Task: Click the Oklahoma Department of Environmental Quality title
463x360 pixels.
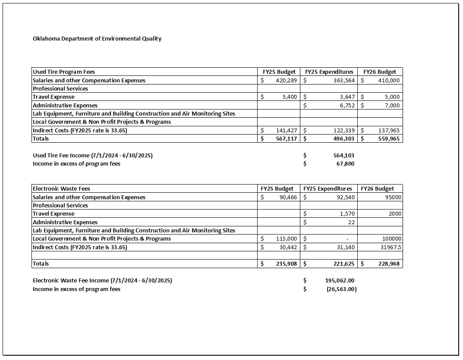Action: (97, 38)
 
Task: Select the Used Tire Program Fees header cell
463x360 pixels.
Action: (64, 72)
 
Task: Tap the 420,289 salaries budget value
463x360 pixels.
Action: (287, 80)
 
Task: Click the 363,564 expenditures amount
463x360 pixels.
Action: (341, 80)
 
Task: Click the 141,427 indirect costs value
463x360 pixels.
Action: (287, 130)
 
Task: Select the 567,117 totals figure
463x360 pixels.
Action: (287, 139)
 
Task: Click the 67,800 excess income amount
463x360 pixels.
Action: (346, 164)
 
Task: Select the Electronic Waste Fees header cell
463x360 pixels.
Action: (61, 188)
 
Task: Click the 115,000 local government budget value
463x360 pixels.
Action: (287, 238)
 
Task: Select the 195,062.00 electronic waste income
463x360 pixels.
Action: (340, 280)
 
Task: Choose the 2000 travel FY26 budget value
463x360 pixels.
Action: (395, 214)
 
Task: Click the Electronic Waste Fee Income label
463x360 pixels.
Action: (102, 280)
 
